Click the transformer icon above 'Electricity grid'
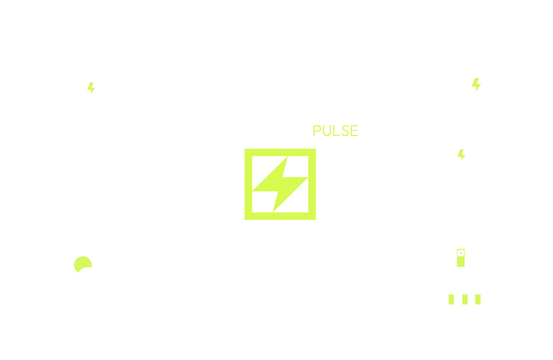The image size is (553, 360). click(91, 83)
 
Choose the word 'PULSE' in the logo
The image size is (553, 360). click(335, 131)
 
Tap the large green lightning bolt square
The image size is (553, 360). click(280, 184)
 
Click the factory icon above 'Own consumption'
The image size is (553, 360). click(476, 83)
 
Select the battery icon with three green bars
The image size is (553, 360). click(472, 299)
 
